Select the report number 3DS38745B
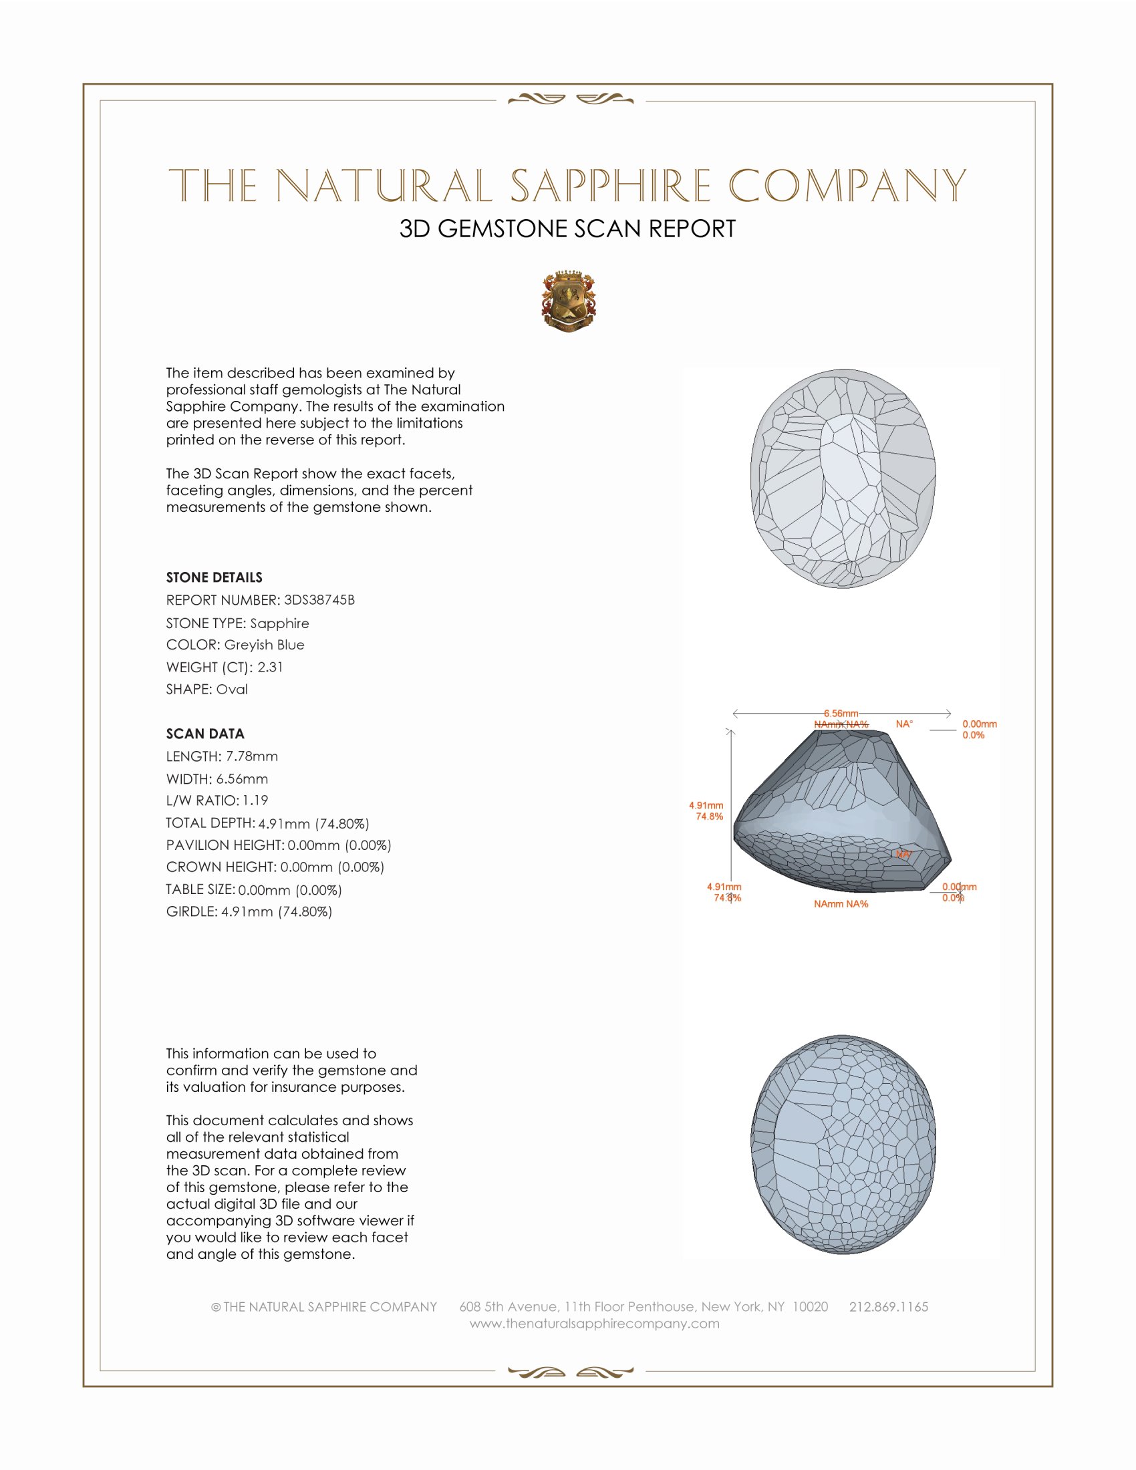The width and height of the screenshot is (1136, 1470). tap(319, 600)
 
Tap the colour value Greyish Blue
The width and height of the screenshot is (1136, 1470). tap(264, 645)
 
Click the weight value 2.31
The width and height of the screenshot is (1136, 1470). tap(270, 667)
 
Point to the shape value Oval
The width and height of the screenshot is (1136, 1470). tap(231, 690)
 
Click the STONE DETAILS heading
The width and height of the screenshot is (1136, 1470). tap(214, 577)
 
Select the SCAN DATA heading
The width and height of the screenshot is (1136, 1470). tap(204, 734)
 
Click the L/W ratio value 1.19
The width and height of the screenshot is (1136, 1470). tap(255, 800)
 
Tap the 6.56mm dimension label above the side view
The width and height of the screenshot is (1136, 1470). tap(841, 714)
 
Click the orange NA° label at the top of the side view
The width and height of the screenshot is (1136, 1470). tap(904, 724)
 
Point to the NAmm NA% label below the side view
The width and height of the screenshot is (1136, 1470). tap(841, 904)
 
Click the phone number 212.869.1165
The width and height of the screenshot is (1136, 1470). tap(888, 1306)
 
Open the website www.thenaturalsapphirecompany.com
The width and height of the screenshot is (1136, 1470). tap(594, 1323)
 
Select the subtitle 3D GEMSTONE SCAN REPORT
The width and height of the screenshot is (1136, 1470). tap(567, 229)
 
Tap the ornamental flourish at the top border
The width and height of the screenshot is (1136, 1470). tap(570, 100)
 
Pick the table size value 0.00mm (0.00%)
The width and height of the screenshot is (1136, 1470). tap(289, 890)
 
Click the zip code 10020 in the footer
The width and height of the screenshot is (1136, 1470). tap(810, 1306)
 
